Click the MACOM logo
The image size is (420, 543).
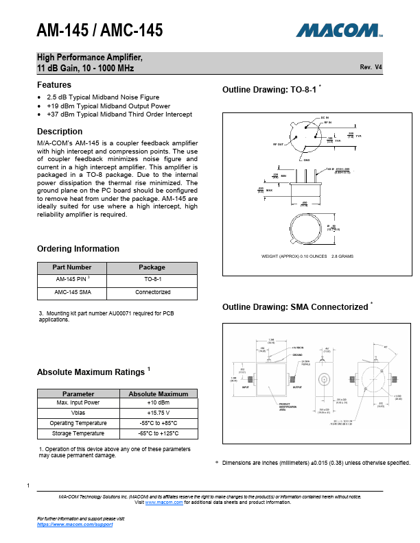coord(339,30)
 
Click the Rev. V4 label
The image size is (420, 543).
coord(371,68)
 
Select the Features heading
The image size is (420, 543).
coord(54,85)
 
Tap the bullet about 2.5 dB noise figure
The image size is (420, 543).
coord(103,97)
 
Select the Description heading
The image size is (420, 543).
coord(60,132)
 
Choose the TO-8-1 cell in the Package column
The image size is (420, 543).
coord(152,280)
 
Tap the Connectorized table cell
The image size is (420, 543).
coord(152,293)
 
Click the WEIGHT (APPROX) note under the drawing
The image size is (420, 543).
coord(307,256)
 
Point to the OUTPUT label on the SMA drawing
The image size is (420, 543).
coord(297,387)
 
